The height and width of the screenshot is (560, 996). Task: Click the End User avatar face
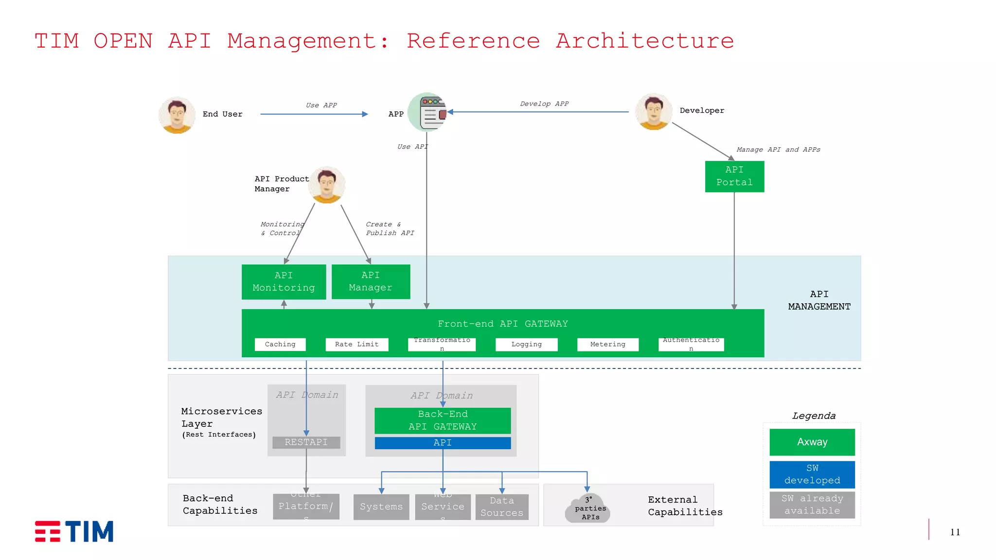(x=177, y=115)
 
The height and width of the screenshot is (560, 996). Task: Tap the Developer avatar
(x=654, y=112)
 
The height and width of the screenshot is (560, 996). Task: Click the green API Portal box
(x=734, y=176)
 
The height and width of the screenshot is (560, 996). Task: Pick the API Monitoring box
(x=284, y=281)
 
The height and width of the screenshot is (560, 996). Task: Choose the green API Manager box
(x=371, y=281)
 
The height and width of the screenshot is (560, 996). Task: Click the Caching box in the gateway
(x=280, y=344)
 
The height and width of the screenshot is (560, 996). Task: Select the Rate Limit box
(x=356, y=344)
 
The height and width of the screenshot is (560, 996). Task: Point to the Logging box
(x=526, y=344)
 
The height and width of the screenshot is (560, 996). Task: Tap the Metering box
(x=607, y=344)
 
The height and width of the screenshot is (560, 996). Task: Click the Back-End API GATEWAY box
(x=443, y=420)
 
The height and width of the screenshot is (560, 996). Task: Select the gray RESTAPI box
(x=306, y=442)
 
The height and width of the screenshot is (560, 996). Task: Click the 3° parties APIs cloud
(x=588, y=508)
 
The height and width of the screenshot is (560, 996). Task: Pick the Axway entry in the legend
(x=812, y=442)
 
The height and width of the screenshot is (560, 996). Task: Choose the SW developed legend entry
(x=812, y=474)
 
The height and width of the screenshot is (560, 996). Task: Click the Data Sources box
(x=502, y=507)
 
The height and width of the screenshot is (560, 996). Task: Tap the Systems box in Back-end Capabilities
(x=381, y=507)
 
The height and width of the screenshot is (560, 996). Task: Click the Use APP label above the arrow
(x=321, y=105)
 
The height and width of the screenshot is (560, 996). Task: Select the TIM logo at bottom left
(x=74, y=531)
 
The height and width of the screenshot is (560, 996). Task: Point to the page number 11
(x=955, y=532)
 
